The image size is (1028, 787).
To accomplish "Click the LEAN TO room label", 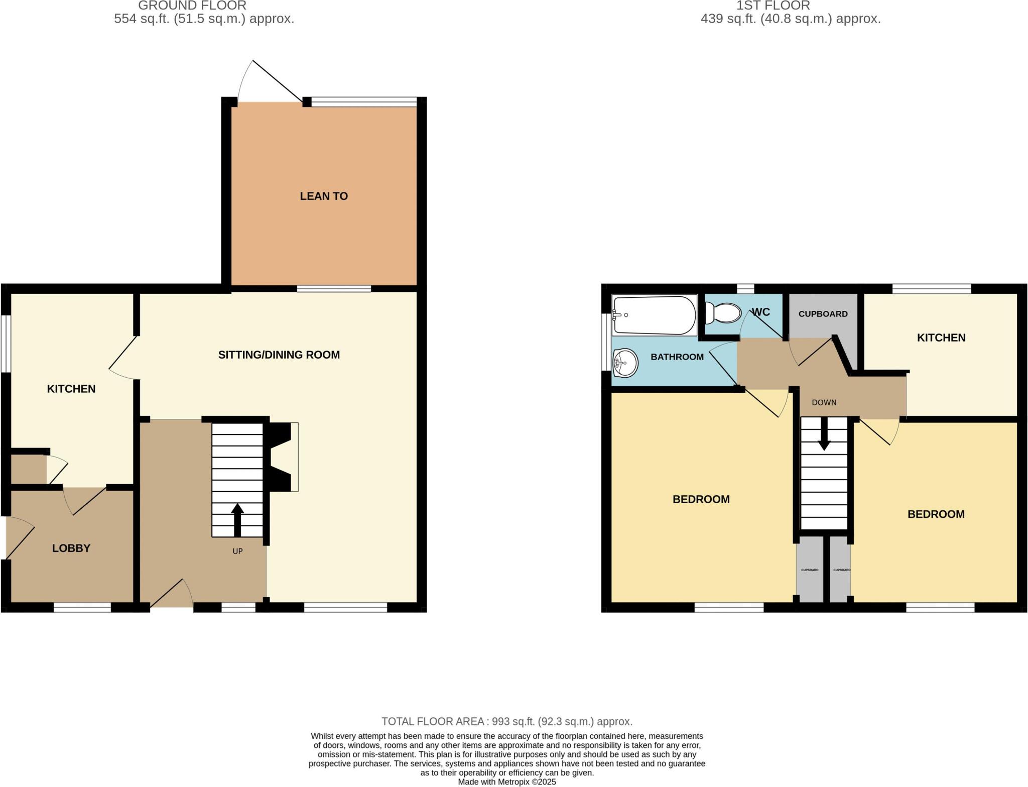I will coord(324,196).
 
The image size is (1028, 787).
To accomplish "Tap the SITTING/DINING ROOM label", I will coord(279,355).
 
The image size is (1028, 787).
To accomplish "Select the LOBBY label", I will coord(71,548).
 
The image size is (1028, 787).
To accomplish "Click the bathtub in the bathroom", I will coord(655,315).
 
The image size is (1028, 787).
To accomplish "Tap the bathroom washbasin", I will coord(625,362).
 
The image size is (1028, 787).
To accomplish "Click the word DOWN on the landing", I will coord(824,402).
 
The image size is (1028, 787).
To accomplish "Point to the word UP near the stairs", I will coord(237,551).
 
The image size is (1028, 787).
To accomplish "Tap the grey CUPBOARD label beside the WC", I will coord(823,314).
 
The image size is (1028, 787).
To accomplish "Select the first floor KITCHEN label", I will coord(941,338).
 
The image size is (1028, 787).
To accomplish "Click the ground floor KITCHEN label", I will coord(71,389).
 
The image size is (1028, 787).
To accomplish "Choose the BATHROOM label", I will coord(677,357).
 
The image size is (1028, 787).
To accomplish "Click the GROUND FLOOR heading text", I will coord(192,6).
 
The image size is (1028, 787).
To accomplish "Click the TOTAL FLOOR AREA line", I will coord(506,722).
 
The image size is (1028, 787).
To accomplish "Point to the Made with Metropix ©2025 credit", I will coord(506,782).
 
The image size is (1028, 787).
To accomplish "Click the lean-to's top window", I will coord(364,102).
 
